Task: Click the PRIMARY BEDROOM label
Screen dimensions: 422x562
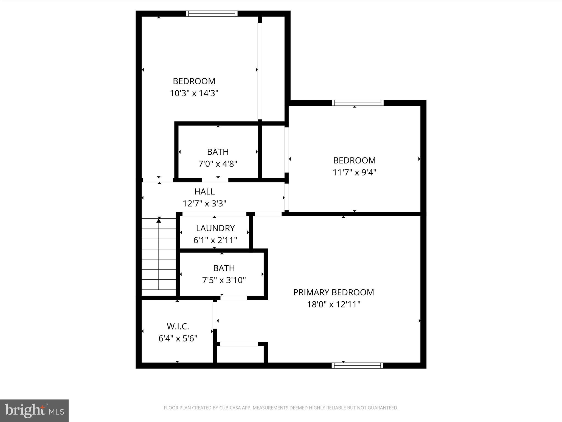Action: pos(333,292)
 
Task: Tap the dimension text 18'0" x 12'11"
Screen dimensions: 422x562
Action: pos(333,304)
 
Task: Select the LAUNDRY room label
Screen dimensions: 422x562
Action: pos(215,228)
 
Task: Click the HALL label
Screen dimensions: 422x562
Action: pos(204,191)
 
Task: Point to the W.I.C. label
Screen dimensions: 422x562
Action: pos(178,326)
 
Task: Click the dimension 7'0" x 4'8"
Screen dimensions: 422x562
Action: pos(218,164)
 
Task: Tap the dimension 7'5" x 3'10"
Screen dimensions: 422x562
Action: pos(224,280)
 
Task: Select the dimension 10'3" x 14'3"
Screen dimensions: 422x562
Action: pos(194,93)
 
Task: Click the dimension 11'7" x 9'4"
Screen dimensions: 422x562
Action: pos(354,173)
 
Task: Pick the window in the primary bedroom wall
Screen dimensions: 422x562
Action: pos(357,365)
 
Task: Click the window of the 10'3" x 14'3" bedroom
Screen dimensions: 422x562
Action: pos(212,14)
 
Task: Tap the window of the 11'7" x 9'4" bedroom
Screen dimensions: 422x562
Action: pos(358,103)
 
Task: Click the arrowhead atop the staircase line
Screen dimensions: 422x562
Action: pos(159,220)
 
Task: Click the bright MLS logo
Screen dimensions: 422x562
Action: pos(34,410)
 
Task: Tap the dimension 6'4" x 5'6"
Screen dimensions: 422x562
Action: pos(178,338)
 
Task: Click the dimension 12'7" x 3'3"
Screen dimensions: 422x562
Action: pos(204,204)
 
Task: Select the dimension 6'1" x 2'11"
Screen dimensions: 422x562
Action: pos(215,240)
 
